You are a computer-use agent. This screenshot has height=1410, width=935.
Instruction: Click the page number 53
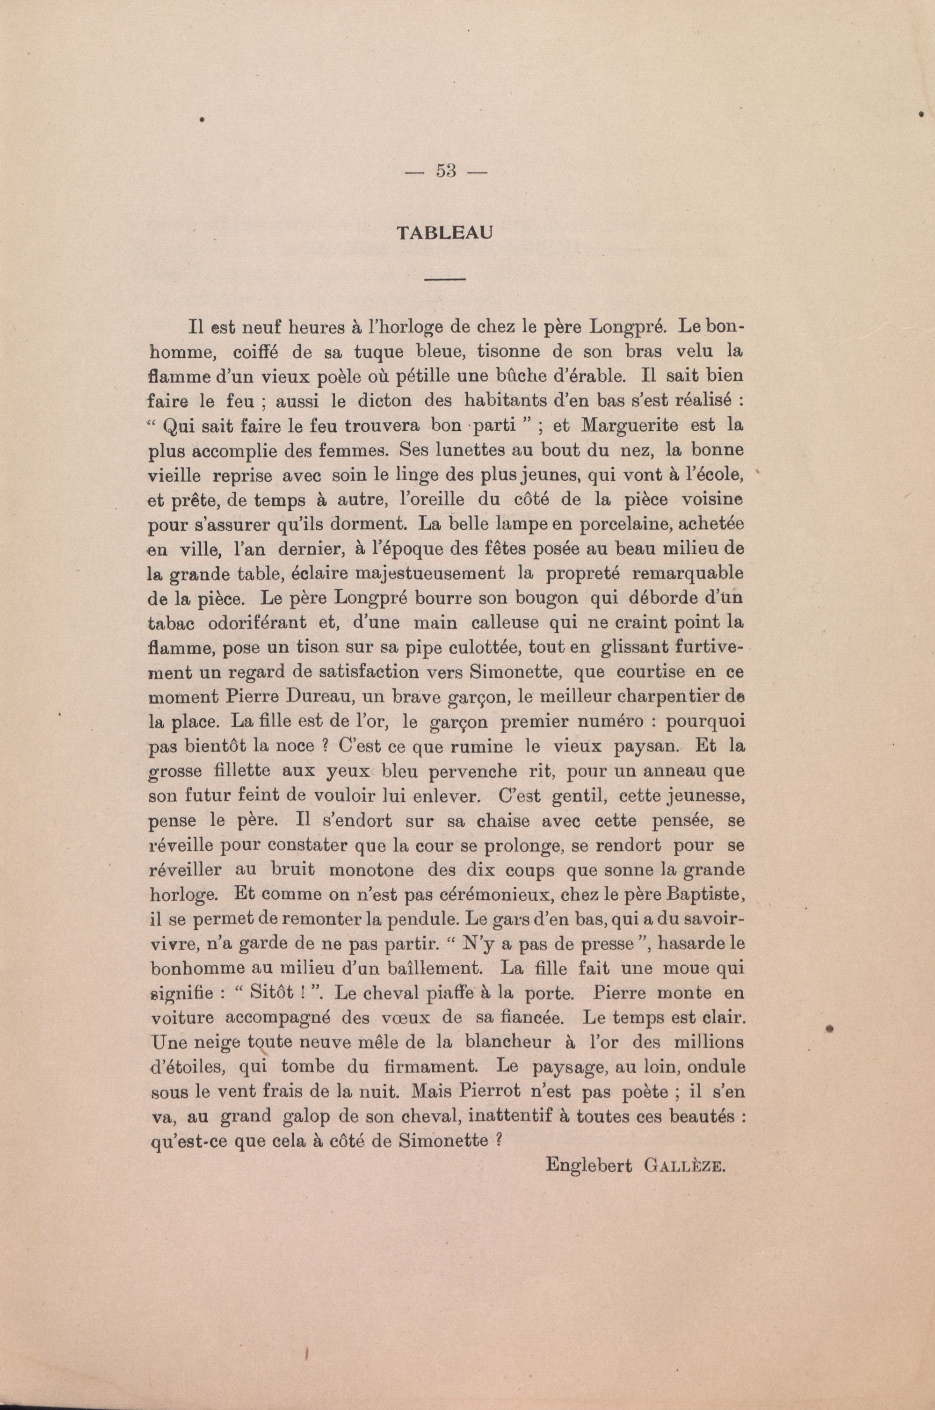coord(446,171)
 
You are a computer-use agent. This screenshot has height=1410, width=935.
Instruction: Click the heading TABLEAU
coord(445,233)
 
